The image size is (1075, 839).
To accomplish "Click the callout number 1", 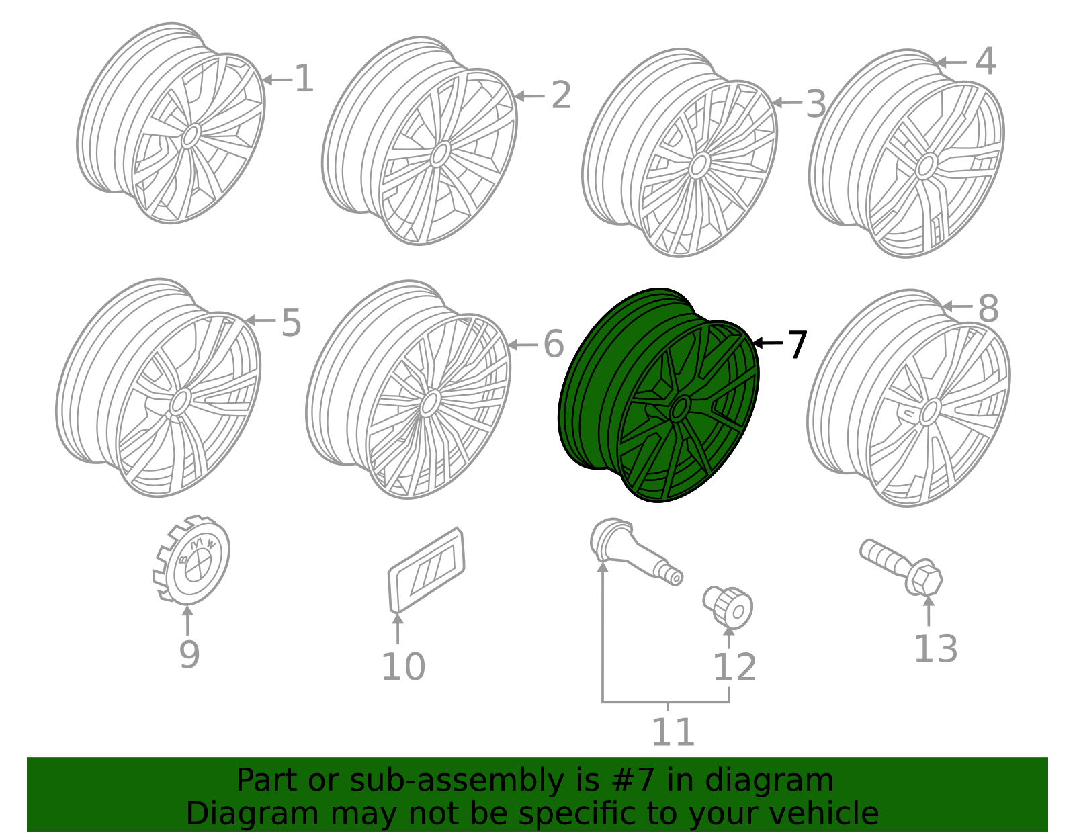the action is point(304,79).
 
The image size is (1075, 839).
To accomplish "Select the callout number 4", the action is point(985,61).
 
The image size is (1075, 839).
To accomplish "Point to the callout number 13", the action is point(935,649).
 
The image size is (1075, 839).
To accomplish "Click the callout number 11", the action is point(673,732).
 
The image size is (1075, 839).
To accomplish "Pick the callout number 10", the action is point(403,666).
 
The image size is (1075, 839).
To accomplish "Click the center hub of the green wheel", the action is point(680,408).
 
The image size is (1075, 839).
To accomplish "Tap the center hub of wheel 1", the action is point(190,136).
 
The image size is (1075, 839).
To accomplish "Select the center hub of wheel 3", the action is point(699,165).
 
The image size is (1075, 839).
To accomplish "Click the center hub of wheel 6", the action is point(430,404).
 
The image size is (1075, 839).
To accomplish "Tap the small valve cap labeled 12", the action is point(728,605).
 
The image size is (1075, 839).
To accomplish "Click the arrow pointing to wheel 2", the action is point(529,96).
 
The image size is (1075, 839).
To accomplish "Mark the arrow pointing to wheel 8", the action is point(957,306).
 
